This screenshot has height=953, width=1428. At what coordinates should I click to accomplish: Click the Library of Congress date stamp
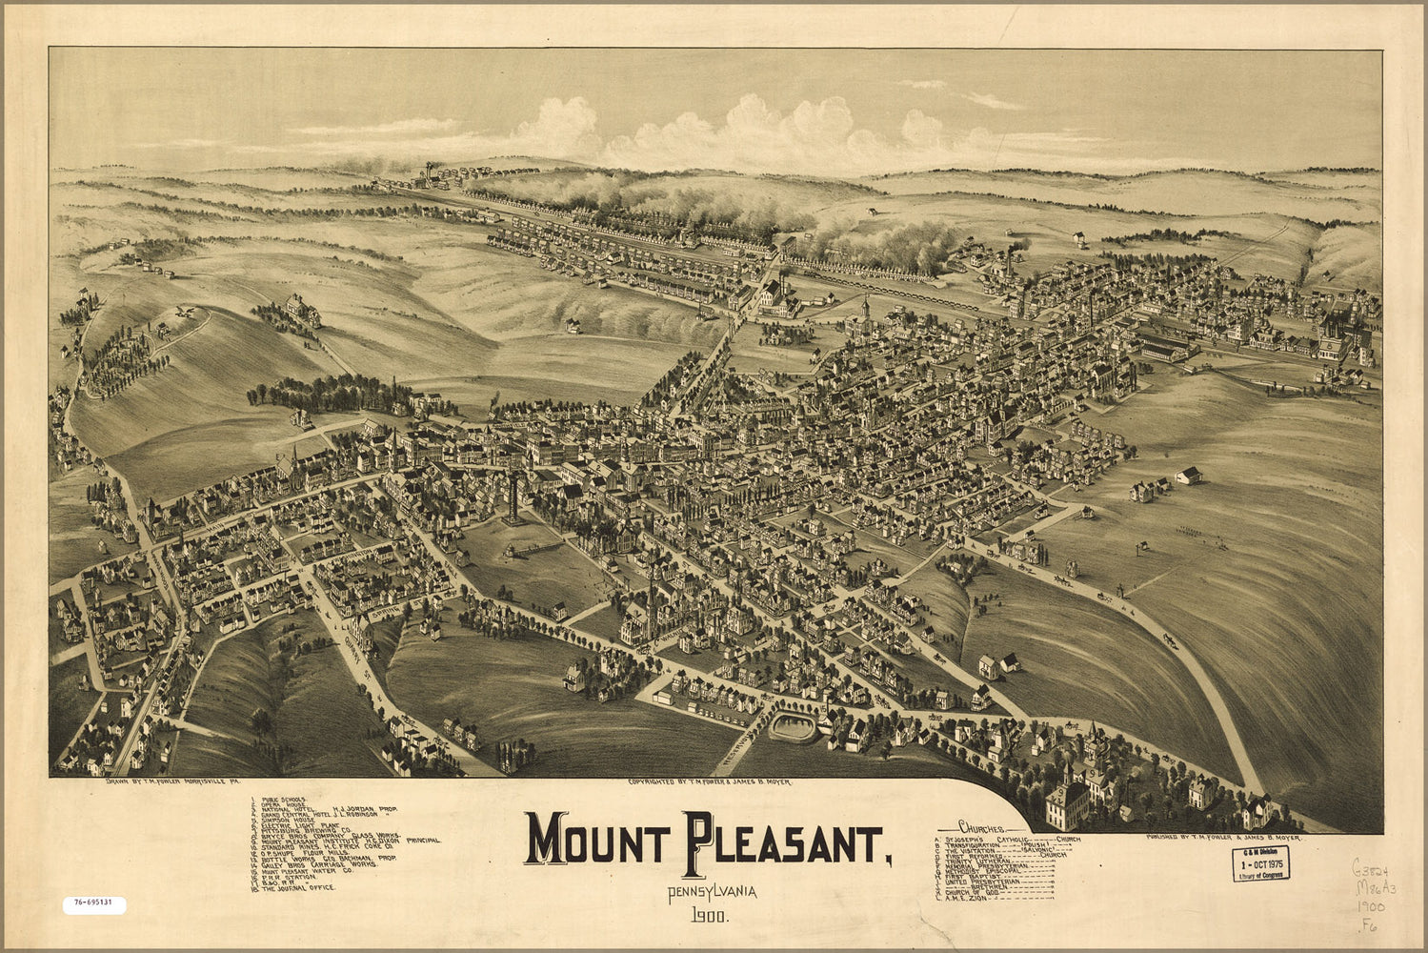1259,863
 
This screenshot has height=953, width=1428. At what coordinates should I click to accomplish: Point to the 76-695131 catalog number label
94,902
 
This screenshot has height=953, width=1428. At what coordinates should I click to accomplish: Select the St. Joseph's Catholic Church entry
1010,839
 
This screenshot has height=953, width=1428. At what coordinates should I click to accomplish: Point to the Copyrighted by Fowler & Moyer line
709,782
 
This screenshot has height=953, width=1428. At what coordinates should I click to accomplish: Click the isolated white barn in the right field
1188,475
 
